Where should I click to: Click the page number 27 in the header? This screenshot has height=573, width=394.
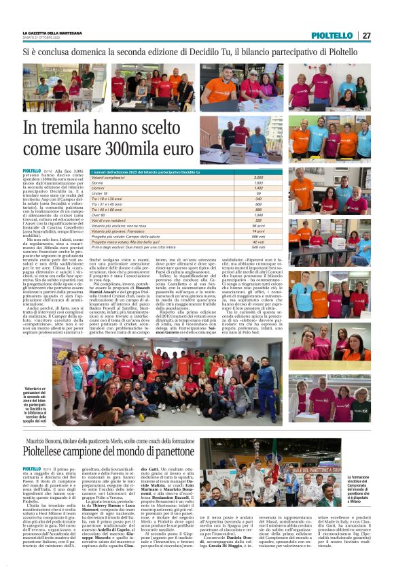(x=366, y=35)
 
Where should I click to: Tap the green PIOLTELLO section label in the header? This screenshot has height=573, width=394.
(x=332, y=35)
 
